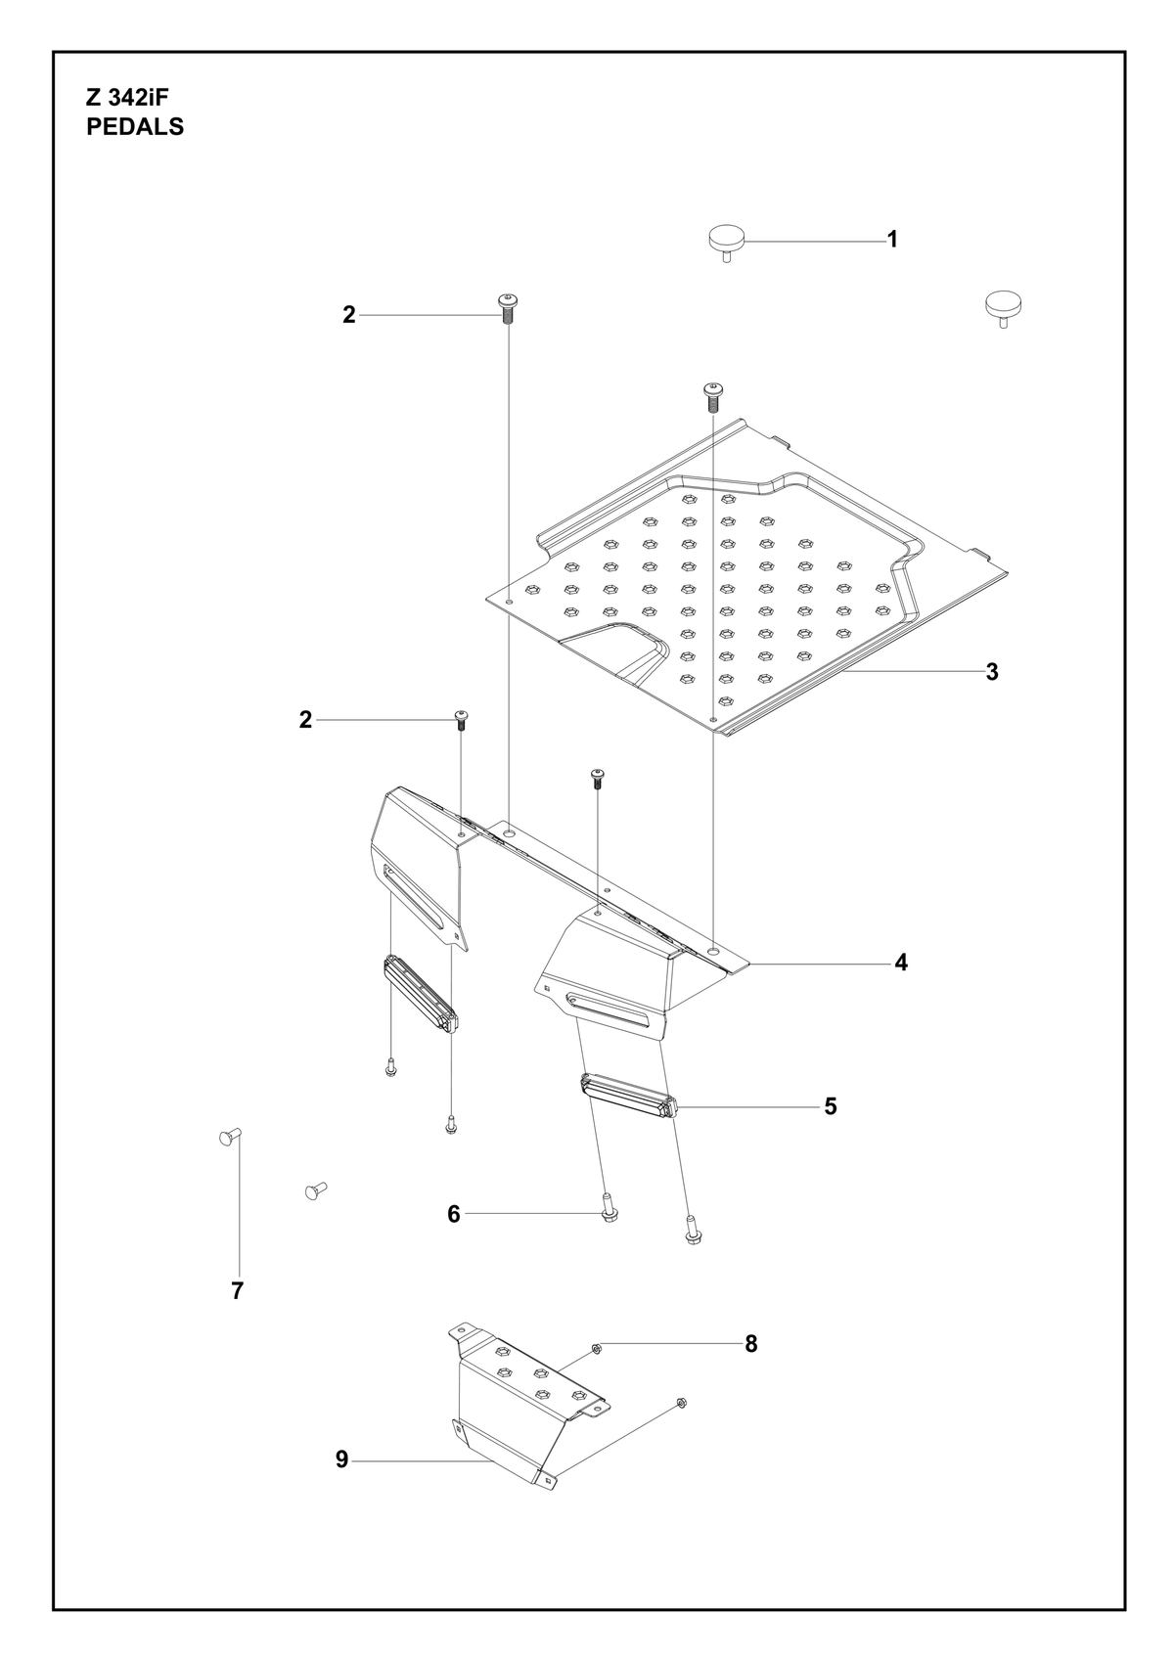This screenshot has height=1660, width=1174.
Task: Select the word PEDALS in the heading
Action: pyautogui.click(x=135, y=127)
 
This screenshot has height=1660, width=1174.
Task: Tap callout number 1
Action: pyautogui.click(x=892, y=240)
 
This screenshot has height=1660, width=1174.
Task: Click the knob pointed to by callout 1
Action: pyautogui.click(x=726, y=244)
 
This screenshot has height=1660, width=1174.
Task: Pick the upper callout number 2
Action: pyautogui.click(x=349, y=315)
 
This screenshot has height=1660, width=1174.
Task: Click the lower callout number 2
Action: pyautogui.click(x=305, y=720)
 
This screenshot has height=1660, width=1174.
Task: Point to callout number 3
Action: pyautogui.click(x=992, y=672)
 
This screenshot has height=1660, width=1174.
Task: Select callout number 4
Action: pyautogui.click(x=900, y=963)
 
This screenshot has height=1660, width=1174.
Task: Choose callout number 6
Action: pyautogui.click(x=454, y=1215)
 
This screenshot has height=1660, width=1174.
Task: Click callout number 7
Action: pyautogui.click(x=237, y=1291)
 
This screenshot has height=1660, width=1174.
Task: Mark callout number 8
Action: pyautogui.click(x=750, y=1344)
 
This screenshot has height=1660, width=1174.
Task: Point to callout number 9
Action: pyautogui.click(x=341, y=1459)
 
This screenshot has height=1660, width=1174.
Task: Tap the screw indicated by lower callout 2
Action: pyautogui.click(x=460, y=720)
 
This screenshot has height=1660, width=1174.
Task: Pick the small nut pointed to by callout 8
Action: pyautogui.click(x=597, y=1347)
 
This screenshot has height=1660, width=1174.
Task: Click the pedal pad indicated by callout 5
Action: pyautogui.click(x=629, y=1105)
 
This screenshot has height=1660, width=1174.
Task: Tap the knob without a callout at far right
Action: pyautogui.click(x=1003, y=307)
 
